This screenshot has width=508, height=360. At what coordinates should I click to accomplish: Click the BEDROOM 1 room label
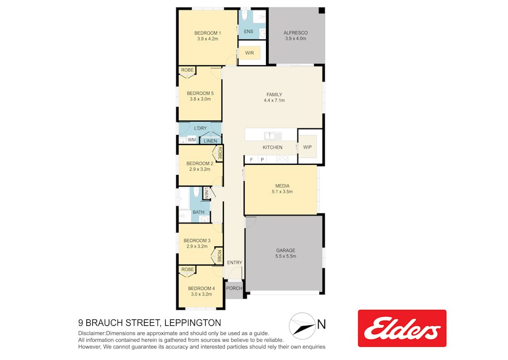(208, 33)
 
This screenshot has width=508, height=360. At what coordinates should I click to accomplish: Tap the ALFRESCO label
(295, 33)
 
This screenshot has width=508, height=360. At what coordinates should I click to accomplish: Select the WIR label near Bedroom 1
(249, 53)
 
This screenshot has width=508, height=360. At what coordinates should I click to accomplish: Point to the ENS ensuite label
(248, 31)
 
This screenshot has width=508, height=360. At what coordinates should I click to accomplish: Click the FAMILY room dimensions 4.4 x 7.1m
(274, 100)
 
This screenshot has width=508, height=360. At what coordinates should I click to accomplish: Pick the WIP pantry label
(308, 147)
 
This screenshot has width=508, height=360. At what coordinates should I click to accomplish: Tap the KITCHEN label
(272, 147)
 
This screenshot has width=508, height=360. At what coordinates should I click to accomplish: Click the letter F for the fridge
(252, 160)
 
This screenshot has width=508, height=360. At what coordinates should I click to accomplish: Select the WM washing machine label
(192, 140)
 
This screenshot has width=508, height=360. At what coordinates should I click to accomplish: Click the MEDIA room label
(282, 186)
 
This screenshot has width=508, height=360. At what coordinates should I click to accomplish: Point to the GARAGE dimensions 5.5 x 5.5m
(286, 257)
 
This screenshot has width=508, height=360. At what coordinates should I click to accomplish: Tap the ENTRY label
(235, 262)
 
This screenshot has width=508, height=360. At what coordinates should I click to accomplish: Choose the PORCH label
(234, 288)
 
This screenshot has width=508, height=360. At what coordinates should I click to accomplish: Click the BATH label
(199, 212)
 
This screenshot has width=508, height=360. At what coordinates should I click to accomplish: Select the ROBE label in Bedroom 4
(188, 269)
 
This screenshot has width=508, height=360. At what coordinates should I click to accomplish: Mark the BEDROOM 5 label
(200, 93)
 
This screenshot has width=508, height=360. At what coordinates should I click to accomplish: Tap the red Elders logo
(402, 328)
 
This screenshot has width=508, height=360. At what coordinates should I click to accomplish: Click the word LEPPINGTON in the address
(193, 323)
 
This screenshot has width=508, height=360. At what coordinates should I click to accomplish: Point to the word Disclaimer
(91, 333)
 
